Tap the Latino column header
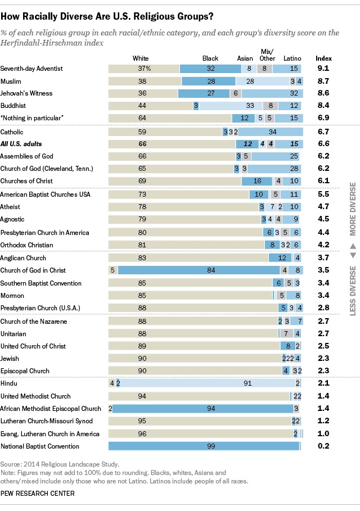click(292, 58)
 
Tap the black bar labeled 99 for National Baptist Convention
click(204, 446)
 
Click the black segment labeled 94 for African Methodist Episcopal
click(203, 409)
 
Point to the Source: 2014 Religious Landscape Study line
click(60, 464)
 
